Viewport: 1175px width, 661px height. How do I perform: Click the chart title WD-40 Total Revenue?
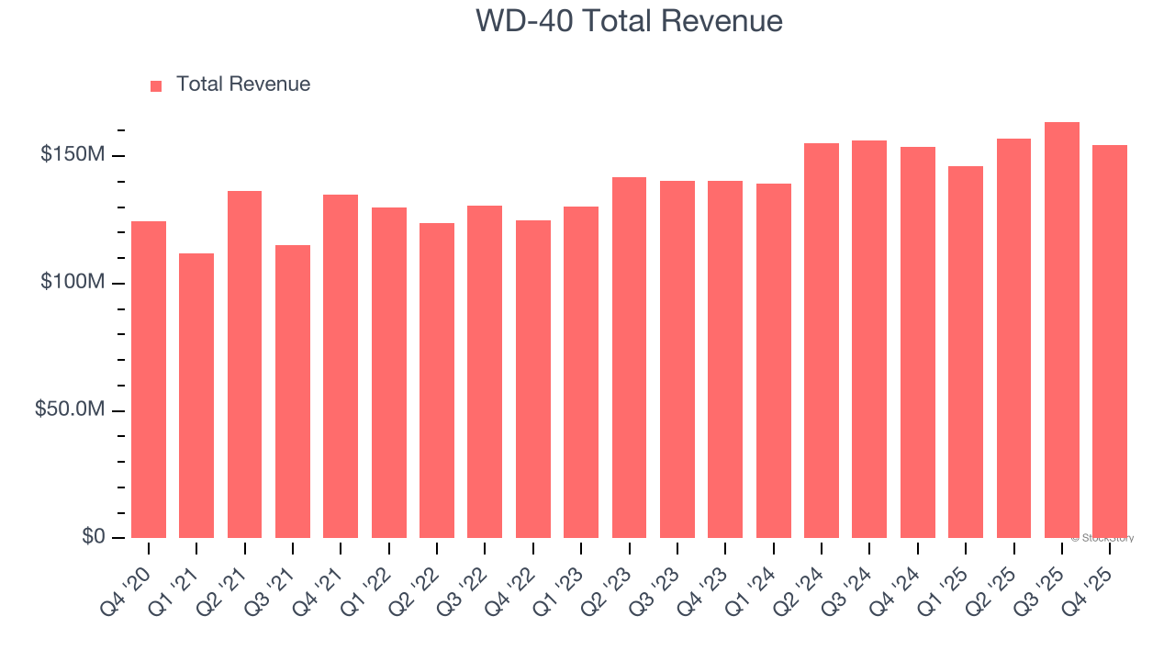(x=629, y=20)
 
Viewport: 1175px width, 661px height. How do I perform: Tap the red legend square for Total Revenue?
(x=156, y=85)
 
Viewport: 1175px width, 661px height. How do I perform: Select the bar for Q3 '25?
(x=1061, y=330)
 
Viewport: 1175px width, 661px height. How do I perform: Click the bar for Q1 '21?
(x=196, y=395)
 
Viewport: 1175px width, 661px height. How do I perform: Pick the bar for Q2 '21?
(x=244, y=364)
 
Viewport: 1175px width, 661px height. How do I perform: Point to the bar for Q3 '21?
(x=293, y=391)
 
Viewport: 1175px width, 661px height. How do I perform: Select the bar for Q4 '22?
(x=533, y=378)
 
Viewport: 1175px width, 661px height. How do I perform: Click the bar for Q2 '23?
(x=629, y=357)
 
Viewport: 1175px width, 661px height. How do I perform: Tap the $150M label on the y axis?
(x=72, y=155)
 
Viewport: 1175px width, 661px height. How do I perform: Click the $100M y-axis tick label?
(x=72, y=283)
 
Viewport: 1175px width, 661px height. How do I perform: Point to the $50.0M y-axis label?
(x=69, y=409)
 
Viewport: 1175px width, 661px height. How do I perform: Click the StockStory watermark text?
(x=1102, y=538)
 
